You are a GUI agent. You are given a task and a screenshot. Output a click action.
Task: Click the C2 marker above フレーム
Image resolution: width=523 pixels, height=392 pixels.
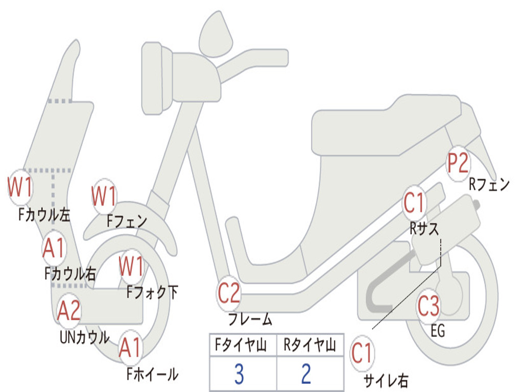point(228,294)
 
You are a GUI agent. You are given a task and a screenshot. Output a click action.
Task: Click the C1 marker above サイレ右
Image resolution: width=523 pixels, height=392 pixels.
point(362,353)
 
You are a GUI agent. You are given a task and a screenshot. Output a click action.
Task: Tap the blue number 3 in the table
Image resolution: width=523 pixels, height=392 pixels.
point(239,374)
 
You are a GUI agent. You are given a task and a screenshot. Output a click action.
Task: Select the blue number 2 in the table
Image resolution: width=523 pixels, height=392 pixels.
point(306,374)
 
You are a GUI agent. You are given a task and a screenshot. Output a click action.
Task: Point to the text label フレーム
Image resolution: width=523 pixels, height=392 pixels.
point(250,320)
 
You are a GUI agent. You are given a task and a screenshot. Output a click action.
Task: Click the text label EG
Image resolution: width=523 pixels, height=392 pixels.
point(438,331)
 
